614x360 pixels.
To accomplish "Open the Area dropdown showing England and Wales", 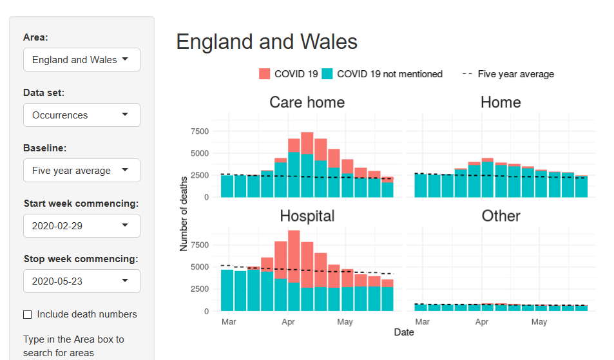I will (x=81, y=60).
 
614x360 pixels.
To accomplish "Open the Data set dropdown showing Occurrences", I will (x=81, y=115).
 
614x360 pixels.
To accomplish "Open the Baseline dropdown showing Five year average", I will (x=81, y=171).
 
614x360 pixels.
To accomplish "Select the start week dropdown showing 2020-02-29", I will (x=81, y=226).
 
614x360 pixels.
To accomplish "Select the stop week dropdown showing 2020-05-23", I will (x=81, y=281).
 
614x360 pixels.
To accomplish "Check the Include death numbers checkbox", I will (x=28, y=314).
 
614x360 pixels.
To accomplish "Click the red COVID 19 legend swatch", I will (x=264, y=74).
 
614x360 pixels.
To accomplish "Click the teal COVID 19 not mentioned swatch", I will (x=327, y=74).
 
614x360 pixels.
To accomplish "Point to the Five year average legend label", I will (x=515, y=74).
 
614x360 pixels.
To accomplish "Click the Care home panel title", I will (x=307, y=102).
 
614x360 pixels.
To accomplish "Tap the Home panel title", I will (x=501, y=102).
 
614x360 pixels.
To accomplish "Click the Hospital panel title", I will (x=307, y=216).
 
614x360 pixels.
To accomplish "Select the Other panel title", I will (x=501, y=216).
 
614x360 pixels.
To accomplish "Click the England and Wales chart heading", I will (x=267, y=42).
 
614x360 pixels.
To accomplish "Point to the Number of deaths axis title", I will (x=184, y=214).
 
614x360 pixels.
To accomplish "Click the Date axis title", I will (x=404, y=332).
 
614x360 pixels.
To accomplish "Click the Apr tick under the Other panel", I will (x=481, y=321).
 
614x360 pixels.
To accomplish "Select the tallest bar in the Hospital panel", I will (x=294, y=270).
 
